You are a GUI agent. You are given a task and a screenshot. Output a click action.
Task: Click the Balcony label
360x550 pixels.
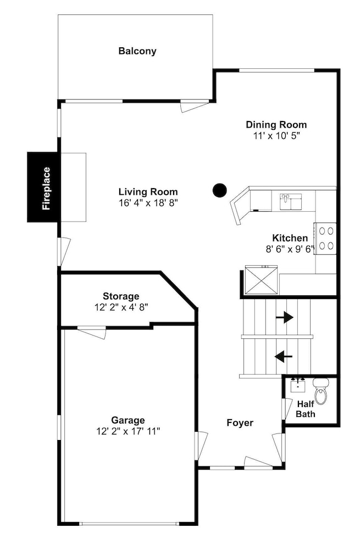pyautogui.click(x=137, y=51)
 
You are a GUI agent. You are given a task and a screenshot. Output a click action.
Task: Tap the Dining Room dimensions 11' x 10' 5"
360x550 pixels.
pyautogui.click(x=276, y=136)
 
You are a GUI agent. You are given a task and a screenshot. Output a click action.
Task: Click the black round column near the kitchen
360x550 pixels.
pyautogui.click(x=220, y=190)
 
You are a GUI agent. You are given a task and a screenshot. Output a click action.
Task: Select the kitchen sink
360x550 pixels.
pyautogui.click(x=291, y=201)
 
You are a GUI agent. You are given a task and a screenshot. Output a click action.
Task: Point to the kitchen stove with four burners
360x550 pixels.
pyautogui.click(x=325, y=238)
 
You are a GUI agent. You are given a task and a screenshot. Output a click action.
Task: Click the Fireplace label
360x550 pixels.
pyautogui.click(x=46, y=188)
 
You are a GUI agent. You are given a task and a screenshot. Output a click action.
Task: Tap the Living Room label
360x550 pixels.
pyautogui.click(x=148, y=192)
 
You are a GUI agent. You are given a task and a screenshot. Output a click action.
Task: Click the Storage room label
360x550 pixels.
pyautogui.click(x=121, y=296)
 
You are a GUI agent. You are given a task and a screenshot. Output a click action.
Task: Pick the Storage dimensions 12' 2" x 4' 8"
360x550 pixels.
pyautogui.click(x=121, y=307)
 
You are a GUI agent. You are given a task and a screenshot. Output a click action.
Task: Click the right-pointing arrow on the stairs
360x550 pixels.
pyautogui.click(x=284, y=317)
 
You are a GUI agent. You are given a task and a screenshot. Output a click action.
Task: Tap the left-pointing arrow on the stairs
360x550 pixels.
pyautogui.click(x=284, y=357)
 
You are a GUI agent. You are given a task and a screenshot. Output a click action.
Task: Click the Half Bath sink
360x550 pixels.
pyautogui.click(x=298, y=385)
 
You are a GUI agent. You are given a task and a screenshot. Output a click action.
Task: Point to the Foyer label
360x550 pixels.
pyautogui.click(x=240, y=423)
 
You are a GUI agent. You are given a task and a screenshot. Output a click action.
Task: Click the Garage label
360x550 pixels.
pyautogui.click(x=128, y=420)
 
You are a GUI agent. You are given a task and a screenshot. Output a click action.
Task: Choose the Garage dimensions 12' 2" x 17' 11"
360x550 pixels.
pyautogui.click(x=128, y=431)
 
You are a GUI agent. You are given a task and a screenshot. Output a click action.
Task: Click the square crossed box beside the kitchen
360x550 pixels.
pyautogui.click(x=261, y=279)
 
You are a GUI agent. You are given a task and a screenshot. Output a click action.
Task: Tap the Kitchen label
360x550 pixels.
pyautogui.click(x=290, y=238)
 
